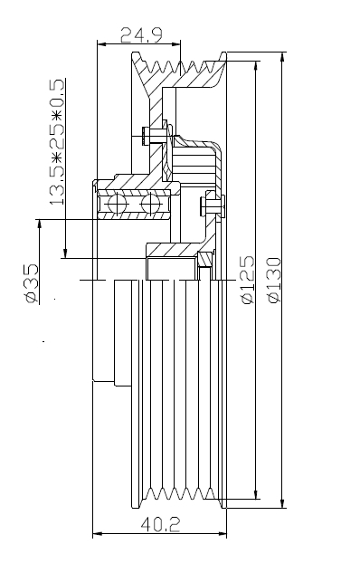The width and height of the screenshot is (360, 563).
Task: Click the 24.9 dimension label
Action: (x=141, y=34)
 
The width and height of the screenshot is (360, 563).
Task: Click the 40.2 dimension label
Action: (x=160, y=525)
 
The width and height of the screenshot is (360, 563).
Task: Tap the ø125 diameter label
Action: (x=247, y=280)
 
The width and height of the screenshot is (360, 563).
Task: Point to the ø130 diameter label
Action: (x=275, y=280)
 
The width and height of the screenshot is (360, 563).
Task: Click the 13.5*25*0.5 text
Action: (x=57, y=142)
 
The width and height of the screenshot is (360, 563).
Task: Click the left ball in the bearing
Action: (x=118, y=205)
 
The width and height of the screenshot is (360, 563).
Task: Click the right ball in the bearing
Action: (x=151, y=205)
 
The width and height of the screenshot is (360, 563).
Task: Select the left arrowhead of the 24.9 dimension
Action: (x=102, y=44)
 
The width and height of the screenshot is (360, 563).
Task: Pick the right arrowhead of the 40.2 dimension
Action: (x=222, y=534)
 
